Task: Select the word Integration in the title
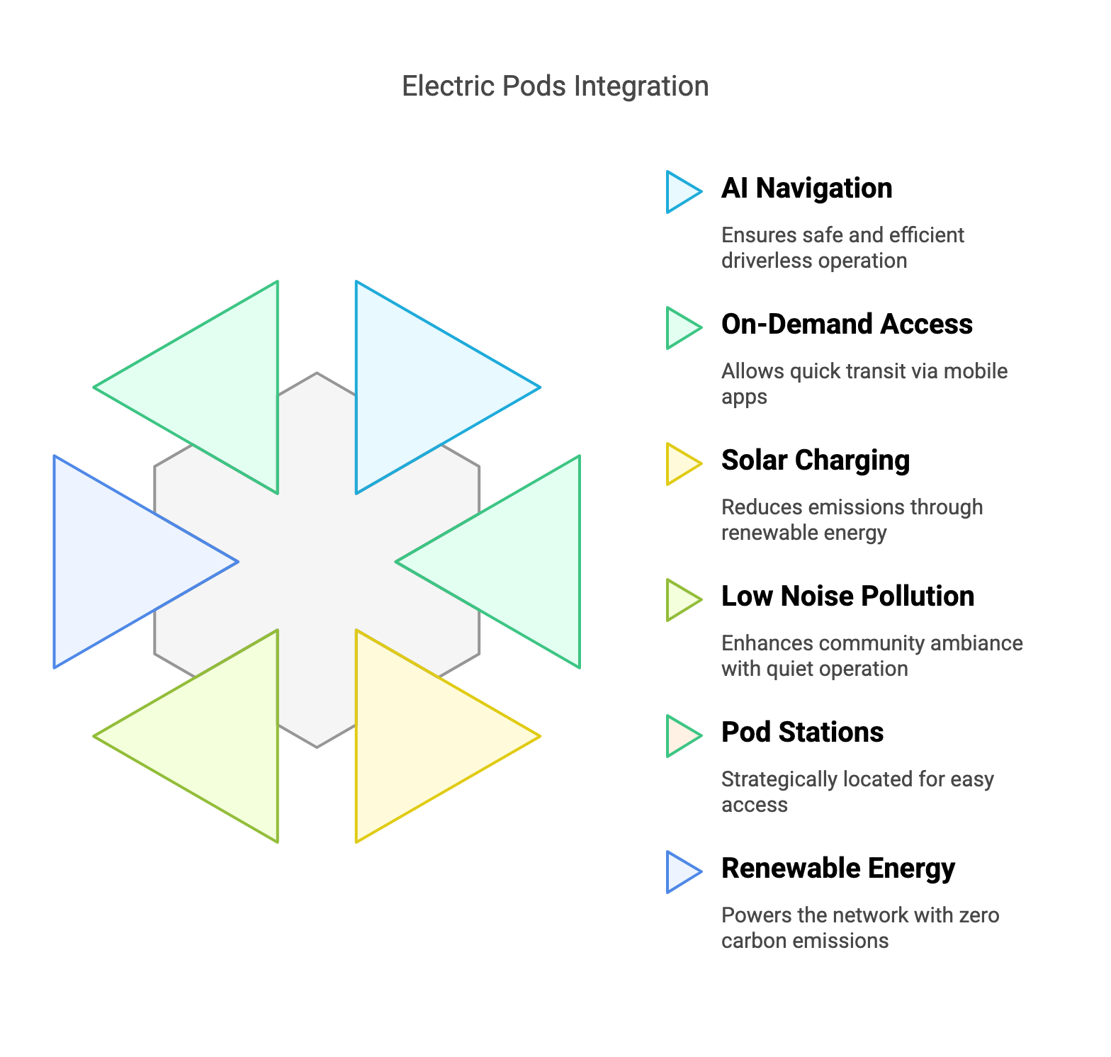641,86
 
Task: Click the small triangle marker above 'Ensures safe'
679,192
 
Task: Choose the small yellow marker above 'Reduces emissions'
679,464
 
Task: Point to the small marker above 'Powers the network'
679,872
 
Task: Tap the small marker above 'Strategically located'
679,736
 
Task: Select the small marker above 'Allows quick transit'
679,328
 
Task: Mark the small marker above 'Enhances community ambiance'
679,600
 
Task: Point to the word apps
744,397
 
